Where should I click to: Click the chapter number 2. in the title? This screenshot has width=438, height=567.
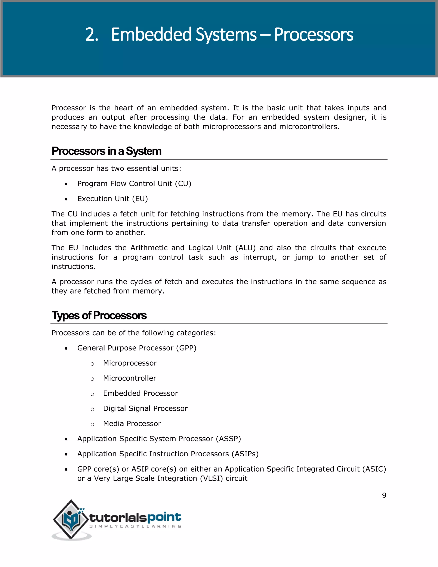tap(92, 34)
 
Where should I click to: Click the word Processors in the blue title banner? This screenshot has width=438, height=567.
tap(314, 34)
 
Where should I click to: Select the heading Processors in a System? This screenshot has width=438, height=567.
tap(106, 151)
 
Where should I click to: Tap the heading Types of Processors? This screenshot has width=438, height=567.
tap(99, 315)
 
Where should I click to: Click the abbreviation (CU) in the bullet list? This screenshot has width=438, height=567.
tap(183, 184)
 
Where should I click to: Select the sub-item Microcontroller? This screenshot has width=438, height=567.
tap(129, 378)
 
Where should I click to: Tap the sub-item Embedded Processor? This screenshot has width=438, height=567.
tap(140, 393)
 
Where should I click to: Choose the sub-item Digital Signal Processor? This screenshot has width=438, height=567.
tap(145, 408)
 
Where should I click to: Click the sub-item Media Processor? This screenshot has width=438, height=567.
tap(132, 423)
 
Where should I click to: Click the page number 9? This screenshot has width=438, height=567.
tap(384, 495)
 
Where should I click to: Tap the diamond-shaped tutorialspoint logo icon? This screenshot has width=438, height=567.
tap(71, 519)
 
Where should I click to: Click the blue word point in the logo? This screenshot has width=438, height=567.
tap(164, 517)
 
